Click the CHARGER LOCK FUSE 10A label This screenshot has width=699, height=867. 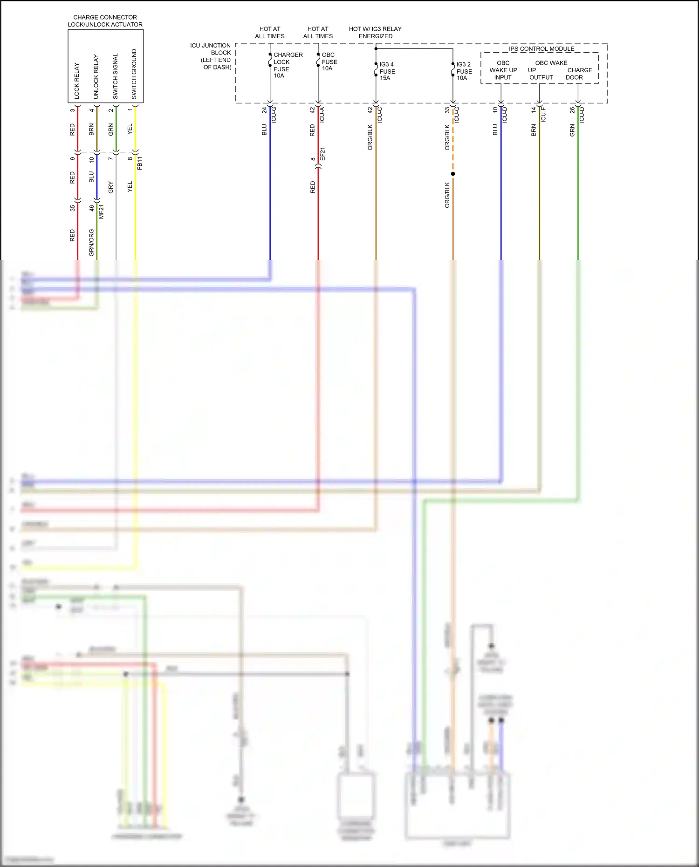pyautogui.click(x=288, y=65)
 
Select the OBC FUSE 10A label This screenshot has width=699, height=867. pyautogui.click(x=329, y=61)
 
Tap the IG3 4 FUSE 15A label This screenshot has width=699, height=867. pyautogui.click(x=387, y=71)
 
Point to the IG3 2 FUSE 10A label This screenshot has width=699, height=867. pyautogui.click(x=464, y=71)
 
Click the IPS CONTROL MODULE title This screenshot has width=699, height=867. pyautogui.click(x=541, y=48)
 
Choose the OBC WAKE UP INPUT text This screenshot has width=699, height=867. pyautogui.click(x=503, y=70)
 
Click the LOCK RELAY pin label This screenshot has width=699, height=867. pyautogui.click(x=77, y=81)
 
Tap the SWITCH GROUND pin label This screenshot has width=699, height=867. pyautogui.click(x=134, y=74)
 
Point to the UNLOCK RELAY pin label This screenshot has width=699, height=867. pyautogui.click(x=96, y=76)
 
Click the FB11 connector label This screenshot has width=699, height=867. pyautogui.click(x=139, y=163)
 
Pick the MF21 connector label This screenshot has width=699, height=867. pyautogui.click(x=101, y=212)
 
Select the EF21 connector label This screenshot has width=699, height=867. pyautogui.click(x=322, y=154)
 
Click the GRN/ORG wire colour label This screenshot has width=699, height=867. pyautogui.click(x=91, y=242)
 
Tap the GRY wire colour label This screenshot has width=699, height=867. pyautogui.click(x=110, y=187)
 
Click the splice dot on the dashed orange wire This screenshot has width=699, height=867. pyautogui.click(x=452, y=174)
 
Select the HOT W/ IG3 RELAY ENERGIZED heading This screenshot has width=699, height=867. pyautogui.click(x=375, y=33)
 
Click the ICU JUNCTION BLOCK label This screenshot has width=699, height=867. pyautogui.click(x=211, y=56)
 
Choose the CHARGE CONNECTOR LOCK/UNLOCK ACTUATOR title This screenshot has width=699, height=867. pyautogui.click(x=105, y=21)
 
